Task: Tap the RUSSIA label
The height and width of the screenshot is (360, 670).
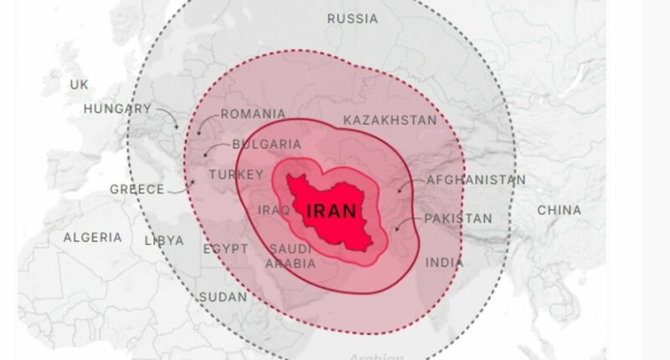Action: tap(352, 18)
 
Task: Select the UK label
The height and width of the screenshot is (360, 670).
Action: tap(79, 85)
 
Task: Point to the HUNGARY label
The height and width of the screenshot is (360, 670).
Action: tap(117, 109)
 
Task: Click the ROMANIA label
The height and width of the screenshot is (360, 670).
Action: tap(252, 114)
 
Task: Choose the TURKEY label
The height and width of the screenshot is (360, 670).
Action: tap(236, 174)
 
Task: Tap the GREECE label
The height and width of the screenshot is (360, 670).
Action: tap(137, 189)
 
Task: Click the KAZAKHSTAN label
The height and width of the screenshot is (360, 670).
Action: tap(389, 120)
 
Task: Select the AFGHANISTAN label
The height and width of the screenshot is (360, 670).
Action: tap(476, 180)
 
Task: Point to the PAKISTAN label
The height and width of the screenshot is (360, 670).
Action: tap(458, 219)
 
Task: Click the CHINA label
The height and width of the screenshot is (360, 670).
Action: tap(559, 209)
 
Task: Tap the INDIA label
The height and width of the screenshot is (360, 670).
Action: tap(444, 263)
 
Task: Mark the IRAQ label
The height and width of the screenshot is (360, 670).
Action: tap(274, 210)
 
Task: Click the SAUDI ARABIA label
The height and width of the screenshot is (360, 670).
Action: tap(292, 256)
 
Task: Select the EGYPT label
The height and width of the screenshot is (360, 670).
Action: tap(225, 249)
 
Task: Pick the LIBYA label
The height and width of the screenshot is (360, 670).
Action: tap(164, 240)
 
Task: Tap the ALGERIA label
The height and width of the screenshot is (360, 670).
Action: tap(92, 238)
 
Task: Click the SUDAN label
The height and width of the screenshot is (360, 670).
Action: tap(223, 297)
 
